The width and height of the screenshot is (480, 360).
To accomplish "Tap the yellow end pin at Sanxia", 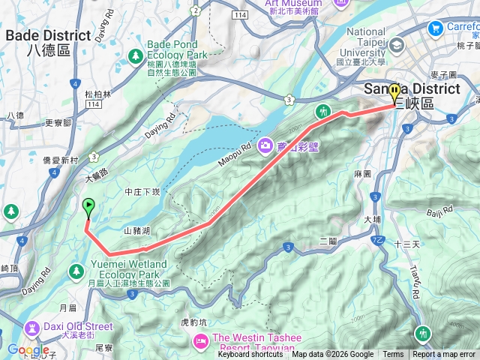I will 394,94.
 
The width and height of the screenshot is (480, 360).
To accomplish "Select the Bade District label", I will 47,36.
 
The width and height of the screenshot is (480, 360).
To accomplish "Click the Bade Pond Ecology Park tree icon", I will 135,56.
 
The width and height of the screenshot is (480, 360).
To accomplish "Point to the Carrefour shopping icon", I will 435,28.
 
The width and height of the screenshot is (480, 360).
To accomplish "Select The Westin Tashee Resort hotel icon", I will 201,342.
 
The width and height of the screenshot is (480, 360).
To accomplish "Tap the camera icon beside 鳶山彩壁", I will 264,145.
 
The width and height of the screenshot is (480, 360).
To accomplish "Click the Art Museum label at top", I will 293,4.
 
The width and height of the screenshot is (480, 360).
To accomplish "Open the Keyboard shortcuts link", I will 250,355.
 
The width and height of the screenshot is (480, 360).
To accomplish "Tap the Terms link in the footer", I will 393,355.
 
